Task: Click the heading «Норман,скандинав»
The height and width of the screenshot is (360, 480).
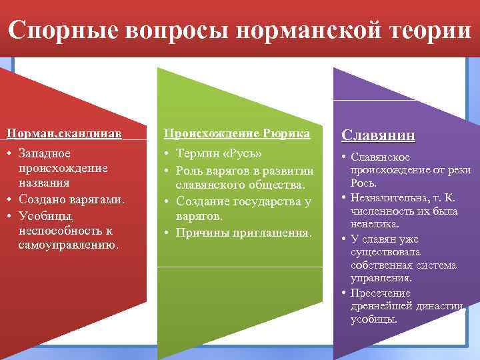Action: (65, 133)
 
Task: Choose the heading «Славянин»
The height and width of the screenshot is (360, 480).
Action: (378, 136)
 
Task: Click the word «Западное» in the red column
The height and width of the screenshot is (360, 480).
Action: (44, 153)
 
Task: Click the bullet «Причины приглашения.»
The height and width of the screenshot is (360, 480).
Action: (244, 233)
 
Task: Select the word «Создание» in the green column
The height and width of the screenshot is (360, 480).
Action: (203, 201)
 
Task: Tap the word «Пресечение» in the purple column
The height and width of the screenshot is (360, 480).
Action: (380, 293)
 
